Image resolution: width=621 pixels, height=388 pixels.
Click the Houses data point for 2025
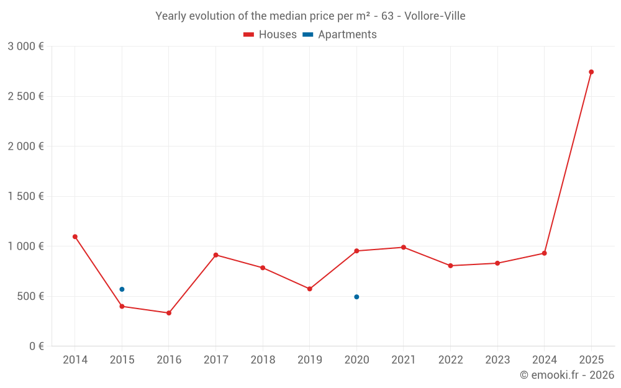[x=591, y=72]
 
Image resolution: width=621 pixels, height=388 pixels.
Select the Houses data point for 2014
[x=75, y=237]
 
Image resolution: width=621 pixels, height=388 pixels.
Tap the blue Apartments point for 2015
[x=122, y=289]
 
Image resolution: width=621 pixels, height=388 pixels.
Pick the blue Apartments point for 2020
[x=356, y=297]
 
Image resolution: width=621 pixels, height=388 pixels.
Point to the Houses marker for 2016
[x=169, y=313]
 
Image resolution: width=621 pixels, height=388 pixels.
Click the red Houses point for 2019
[x=310, y=289]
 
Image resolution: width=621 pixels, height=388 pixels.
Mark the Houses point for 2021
[x=404, y=247]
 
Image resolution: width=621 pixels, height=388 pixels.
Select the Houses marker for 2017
[x=215, y=255]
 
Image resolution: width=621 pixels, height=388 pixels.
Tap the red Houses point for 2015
[x=122, y=306]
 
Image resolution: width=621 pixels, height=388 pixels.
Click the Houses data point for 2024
[x=544, y=253]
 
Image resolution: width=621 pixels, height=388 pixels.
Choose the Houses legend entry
[x=270, y=35]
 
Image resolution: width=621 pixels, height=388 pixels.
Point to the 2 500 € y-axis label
[x=25, y=96]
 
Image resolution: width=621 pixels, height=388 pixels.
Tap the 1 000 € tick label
[x=25, y=246]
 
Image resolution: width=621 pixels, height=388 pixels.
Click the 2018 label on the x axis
[x=263, y=360]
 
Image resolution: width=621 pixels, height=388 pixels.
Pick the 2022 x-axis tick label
[x=450, y=360]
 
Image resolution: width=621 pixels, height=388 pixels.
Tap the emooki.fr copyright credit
[x=567, y=375]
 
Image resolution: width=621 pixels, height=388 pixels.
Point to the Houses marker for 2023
[x=497, y=263]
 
